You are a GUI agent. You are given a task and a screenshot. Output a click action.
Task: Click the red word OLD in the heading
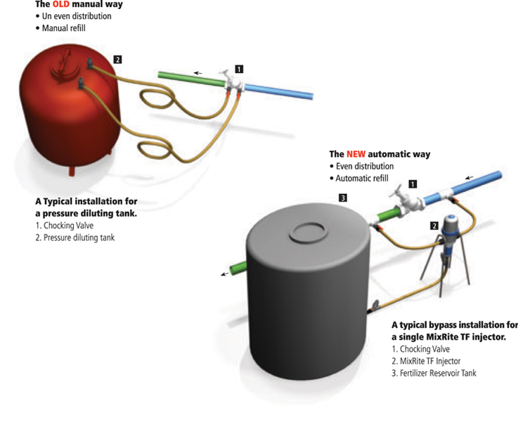pos(61,4)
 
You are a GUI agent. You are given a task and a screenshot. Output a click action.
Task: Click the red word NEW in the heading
pos(356,153)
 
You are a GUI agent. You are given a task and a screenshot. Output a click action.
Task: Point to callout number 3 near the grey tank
pos(342,198)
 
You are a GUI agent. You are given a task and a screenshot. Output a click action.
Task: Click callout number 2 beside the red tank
pos(118,60)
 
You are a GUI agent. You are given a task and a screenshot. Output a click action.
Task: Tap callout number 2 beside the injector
pos(434,226)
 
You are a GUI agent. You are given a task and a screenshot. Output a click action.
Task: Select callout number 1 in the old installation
pos(239,69)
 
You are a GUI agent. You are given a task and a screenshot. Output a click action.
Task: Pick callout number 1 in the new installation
pos(413,184)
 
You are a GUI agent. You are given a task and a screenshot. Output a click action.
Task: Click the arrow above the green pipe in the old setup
pos(199,72)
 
